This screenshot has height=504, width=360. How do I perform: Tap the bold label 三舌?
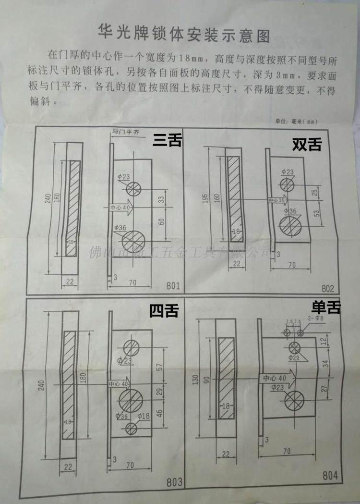click(167, 140)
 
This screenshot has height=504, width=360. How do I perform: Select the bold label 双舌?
click(307, 145)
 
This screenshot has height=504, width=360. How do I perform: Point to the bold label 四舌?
click(164, 311)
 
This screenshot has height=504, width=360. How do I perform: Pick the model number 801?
click(173, 286)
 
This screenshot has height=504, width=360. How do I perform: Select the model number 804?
click(330, 476)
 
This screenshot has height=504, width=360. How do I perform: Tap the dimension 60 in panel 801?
click(162, 221)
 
